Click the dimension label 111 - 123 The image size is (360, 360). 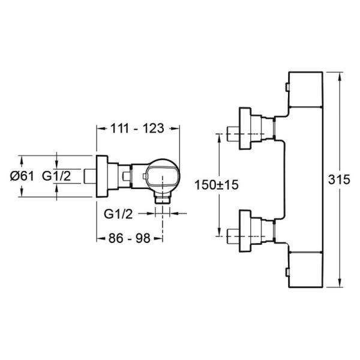pos(137,128)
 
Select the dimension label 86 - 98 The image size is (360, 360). pos(129,238)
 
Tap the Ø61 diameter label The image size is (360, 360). pos(22,176)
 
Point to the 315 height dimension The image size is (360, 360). pos(339,179)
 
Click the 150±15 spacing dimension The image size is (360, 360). pos(217,185)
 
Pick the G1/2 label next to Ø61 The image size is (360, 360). pos(56,176)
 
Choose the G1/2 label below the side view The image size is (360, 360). pos(118,214)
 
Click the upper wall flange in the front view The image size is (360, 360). pos(245,128)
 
